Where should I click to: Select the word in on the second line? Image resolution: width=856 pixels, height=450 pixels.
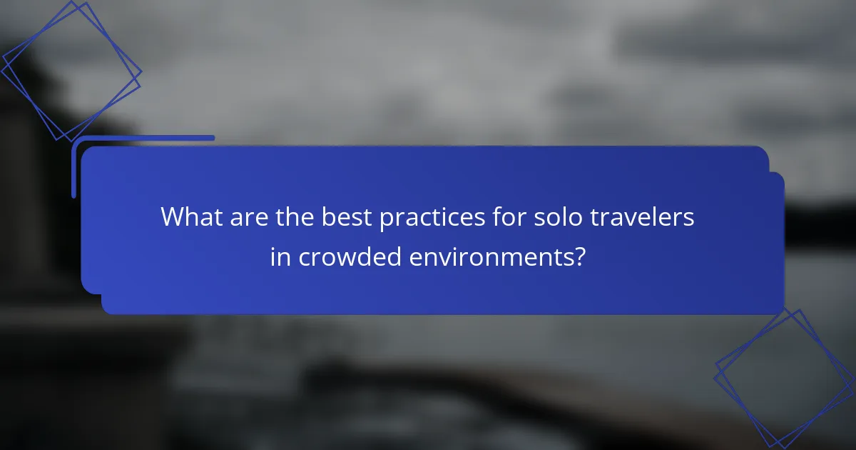click(x=280, y=257)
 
